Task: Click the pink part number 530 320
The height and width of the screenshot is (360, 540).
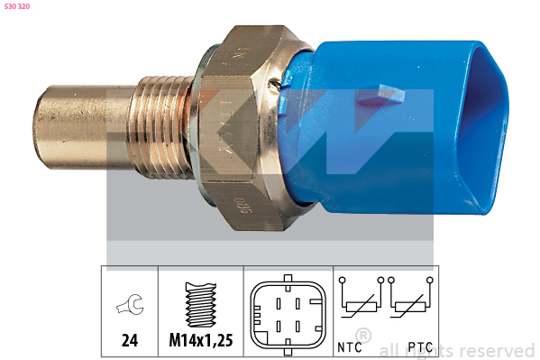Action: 17,6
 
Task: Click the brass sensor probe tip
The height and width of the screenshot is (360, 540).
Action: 83,127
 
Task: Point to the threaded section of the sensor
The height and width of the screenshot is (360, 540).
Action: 161,127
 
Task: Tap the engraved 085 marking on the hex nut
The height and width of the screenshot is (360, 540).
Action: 243,206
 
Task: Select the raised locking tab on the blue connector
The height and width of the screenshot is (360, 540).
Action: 380,95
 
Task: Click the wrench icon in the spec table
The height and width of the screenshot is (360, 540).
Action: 130,304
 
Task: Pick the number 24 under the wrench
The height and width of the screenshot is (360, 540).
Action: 130,340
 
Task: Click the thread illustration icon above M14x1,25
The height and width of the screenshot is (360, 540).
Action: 201,305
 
